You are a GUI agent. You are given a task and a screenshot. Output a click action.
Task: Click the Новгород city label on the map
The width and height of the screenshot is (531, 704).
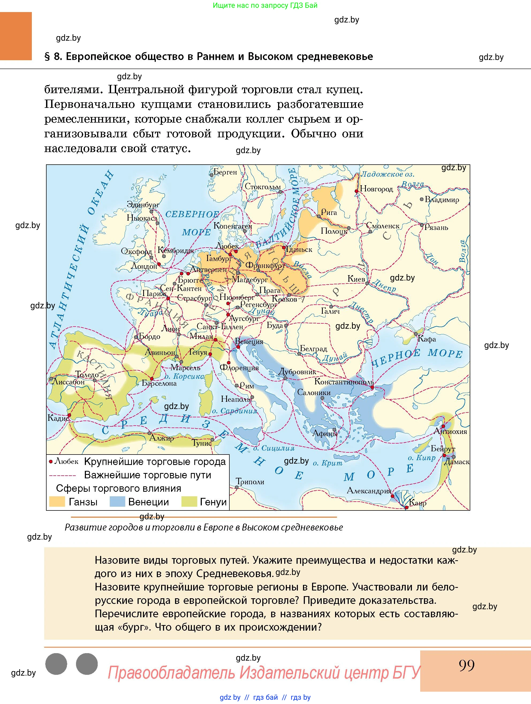tap(376, 189)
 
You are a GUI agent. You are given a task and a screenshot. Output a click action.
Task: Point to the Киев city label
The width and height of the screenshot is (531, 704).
tap(356, 279)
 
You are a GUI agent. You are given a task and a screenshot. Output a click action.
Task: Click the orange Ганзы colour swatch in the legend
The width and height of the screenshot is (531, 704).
tap(57, 502)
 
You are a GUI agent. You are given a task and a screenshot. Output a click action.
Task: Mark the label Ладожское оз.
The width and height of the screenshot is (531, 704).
tap(387, 175)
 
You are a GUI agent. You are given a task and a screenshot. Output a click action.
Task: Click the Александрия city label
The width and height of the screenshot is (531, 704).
tap(369, 490)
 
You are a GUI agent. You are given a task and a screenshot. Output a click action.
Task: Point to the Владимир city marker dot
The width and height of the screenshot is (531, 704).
tap(422, 199)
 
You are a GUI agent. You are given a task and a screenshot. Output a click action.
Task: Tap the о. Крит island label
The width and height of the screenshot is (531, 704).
tap(327, 463)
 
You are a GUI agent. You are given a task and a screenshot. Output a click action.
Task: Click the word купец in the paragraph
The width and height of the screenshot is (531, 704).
tap(344, 90)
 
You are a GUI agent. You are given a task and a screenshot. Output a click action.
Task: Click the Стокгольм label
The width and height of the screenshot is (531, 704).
tap(263, 187)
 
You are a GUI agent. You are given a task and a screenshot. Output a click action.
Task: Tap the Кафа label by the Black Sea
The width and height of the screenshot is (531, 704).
tap(427, 339)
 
